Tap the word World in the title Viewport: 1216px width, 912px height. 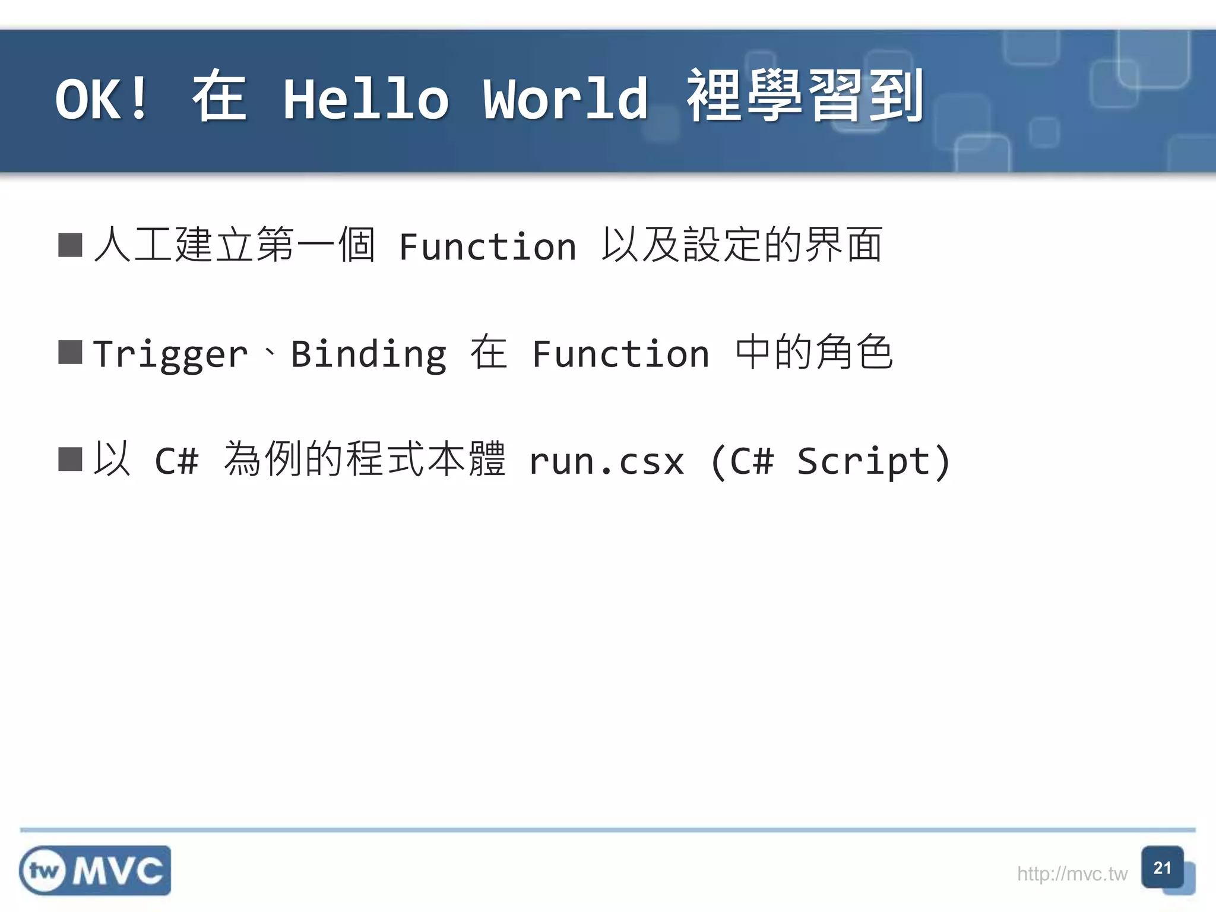[x=565, y=99]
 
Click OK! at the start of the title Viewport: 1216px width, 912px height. [x=102, y=99]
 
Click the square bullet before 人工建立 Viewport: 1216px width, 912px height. [x=70, y=245]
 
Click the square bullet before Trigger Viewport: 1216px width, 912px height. [x=70, y=352]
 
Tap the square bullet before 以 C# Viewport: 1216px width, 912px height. [x=70, y=459]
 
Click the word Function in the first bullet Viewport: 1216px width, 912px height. [x=487, y=246]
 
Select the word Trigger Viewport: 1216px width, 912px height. [x=170, y=354]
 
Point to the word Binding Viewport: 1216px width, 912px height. [x=368, y=354]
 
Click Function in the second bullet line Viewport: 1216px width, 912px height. [x=620, y=354]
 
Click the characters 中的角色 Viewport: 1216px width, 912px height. [x=814, y=352]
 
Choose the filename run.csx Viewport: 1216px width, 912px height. [x=606, y=461]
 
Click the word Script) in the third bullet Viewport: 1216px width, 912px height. [x=873, y=461]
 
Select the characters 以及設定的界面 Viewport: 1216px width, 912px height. [x=742, y=245]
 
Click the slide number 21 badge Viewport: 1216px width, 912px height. [x=1162, y=867]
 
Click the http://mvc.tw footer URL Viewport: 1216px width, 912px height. [x=1072, y=874]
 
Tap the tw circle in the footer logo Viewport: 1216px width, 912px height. [x=44, y=871]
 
